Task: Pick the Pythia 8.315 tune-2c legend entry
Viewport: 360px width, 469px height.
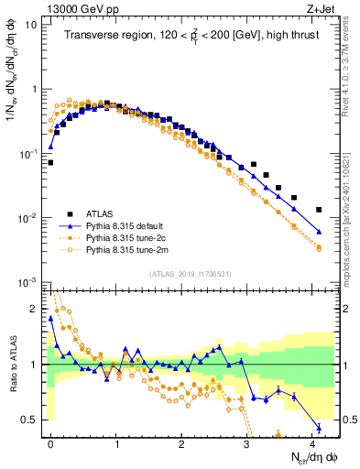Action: (120, 236)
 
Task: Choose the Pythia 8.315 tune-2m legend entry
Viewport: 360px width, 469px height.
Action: (120, 249)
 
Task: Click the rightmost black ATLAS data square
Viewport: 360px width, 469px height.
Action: (319, 210)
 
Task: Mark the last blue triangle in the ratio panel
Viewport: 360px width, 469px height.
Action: (319, 428)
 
